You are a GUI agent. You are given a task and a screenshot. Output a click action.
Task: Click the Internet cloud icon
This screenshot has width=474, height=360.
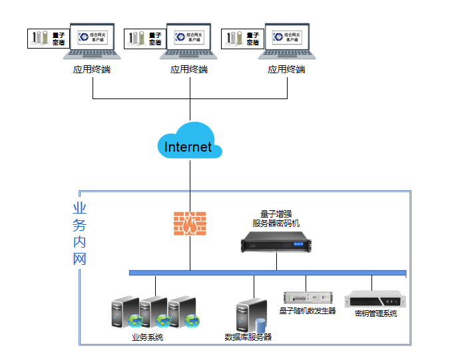[189, 142]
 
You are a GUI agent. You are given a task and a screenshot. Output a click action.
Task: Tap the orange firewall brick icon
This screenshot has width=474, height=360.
[190, 224]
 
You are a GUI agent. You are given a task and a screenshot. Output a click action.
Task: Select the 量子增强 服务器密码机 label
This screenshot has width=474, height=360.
[276, 218]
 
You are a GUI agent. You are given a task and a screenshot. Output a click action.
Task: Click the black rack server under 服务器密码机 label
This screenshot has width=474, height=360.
[276, 242]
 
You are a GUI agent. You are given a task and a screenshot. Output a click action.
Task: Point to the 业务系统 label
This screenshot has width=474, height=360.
[147, 337]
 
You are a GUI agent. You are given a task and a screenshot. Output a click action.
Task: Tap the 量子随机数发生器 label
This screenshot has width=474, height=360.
[307, 311]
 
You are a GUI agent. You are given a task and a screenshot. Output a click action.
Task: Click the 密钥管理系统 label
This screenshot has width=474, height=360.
[375, 313]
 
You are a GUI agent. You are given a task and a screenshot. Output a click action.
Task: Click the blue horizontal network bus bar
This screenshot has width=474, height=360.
[267, 273]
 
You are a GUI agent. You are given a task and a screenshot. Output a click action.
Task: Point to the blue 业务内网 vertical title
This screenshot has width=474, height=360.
[80, 234]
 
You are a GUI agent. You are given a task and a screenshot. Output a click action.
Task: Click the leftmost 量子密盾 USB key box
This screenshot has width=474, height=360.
[47, 39]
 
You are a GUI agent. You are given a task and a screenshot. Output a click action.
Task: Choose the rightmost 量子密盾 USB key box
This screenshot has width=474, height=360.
[241, 39]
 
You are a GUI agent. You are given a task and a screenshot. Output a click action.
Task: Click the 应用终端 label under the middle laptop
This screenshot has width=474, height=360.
[189, 69]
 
